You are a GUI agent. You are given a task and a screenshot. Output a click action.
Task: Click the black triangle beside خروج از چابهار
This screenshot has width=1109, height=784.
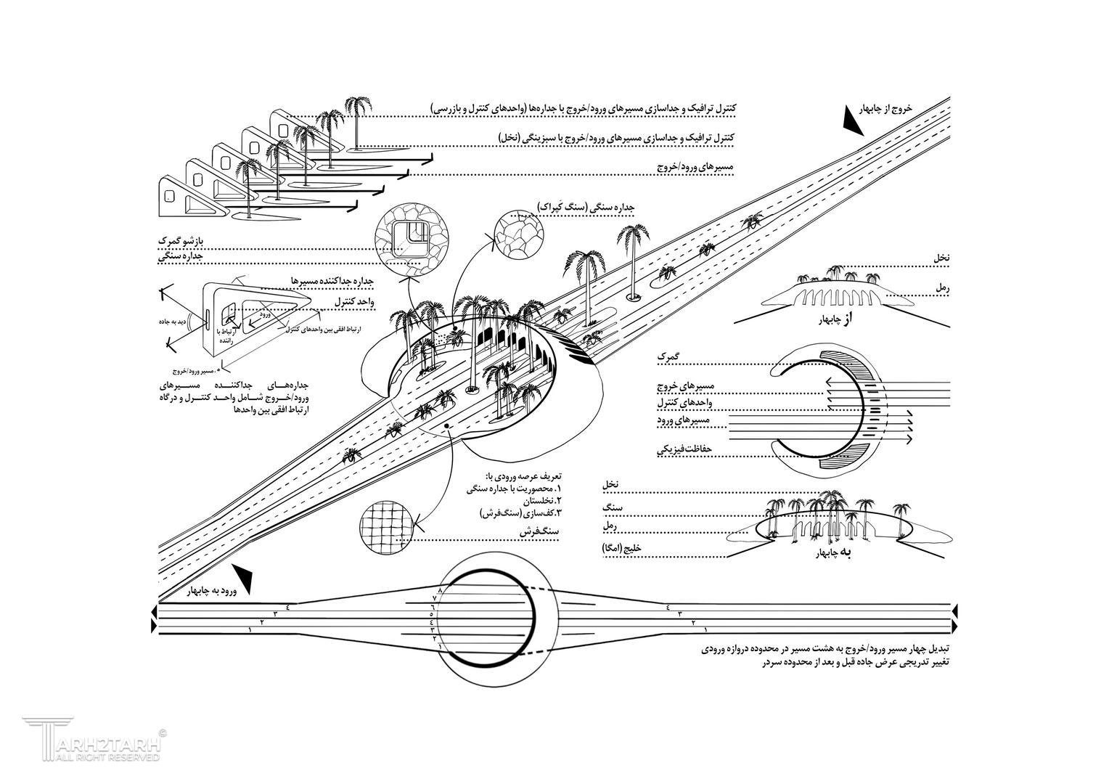[x=854, y=121]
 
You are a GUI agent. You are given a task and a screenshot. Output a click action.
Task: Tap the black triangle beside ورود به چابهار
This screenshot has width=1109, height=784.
[x=245, y=579]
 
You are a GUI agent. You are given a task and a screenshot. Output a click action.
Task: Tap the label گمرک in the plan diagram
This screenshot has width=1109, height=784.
[x=669, y=356]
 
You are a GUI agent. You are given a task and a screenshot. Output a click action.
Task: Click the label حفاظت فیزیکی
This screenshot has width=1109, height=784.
[x=685, y=449]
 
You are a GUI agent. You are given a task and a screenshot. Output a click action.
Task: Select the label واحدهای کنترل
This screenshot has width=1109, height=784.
[x=684, y=403]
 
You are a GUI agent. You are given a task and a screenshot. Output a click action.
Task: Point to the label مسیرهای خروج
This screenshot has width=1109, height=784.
[x=686, y=385]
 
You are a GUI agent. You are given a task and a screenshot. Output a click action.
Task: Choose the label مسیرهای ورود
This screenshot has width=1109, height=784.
[x=686, y=420]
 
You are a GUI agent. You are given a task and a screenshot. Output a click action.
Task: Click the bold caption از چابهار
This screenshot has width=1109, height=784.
[x=839, y=319]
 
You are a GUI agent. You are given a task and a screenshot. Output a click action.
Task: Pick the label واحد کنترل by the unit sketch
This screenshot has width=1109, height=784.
[x=353, y=300]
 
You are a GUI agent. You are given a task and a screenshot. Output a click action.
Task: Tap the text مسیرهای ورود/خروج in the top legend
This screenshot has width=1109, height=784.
[x=695, y=167]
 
